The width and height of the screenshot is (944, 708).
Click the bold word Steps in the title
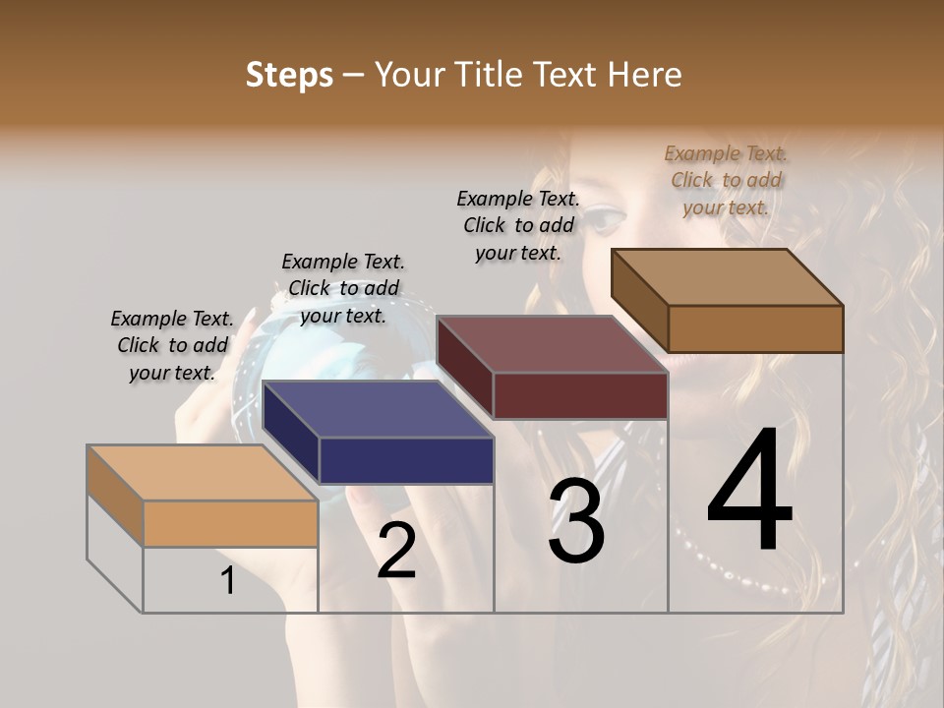(x=289, y=76)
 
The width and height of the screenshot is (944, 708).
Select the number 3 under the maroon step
(x=576, y=521)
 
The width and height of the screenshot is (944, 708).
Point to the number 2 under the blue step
(x=396, y=551)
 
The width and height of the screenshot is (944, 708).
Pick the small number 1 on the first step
(x=228, y=581)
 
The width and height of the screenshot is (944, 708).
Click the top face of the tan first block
(x=203, y=473)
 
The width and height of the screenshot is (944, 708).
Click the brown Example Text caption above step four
(x=726, y=180)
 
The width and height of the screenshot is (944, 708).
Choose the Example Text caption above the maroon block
(x=518, y=225)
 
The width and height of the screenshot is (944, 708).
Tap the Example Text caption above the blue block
(x=343, y=288)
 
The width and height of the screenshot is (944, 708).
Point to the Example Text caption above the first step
(x=172, y=345)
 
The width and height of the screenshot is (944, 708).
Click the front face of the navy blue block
(x=406, y=460)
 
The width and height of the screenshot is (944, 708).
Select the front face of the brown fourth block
(x=755, y=328)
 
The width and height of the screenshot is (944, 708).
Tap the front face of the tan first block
(x=230, y=523)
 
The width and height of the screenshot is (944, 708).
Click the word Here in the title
(x=645, y=76)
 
